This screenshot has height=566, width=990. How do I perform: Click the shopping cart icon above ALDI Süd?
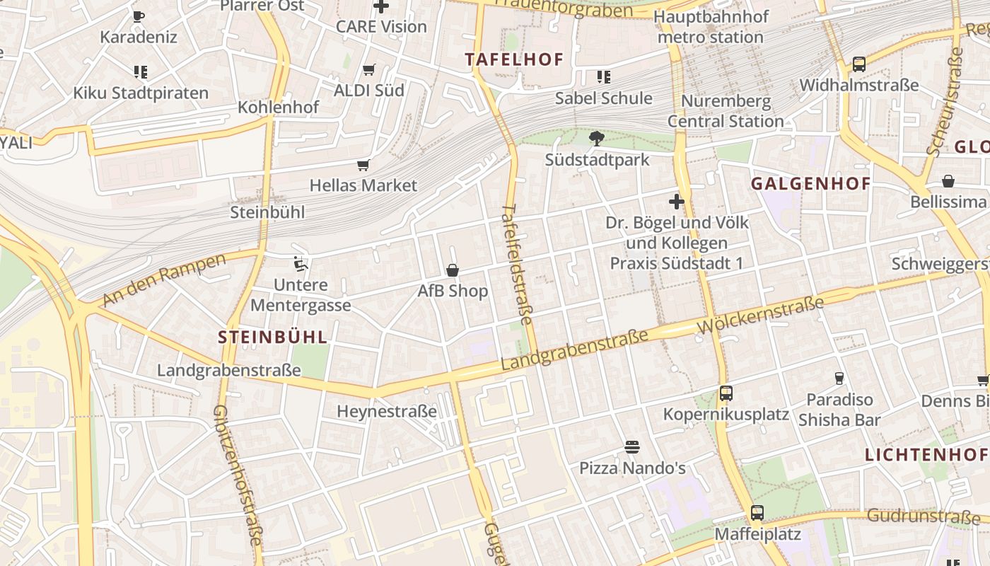pos(368,69)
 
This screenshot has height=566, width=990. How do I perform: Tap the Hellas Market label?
pos(363,185)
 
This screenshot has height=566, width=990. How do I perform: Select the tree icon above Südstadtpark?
pos(596,138)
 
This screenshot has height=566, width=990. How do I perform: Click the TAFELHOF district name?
pos(514,59)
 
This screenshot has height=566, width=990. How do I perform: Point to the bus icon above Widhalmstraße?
pos(858,64)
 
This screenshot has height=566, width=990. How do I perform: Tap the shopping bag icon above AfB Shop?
pos(453,270)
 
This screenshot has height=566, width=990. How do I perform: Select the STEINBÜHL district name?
pos(273,337)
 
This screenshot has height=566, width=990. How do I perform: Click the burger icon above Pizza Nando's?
pos(632,447)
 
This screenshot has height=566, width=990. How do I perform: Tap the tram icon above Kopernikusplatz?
pos(726,393)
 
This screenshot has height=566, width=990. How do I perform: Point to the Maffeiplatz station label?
pos(757,533)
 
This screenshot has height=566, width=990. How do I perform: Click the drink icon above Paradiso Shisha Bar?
pos(839,379)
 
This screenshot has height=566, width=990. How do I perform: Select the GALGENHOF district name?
pos(810,184)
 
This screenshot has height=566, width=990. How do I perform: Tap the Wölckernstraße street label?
pos(760,316)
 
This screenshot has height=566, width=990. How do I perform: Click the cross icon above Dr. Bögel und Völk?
pos(677,202)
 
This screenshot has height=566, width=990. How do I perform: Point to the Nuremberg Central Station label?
pos(726,111)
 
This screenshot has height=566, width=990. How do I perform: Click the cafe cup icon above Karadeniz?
pos(139,16)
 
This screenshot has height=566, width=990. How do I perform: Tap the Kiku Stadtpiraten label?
pos(141,93)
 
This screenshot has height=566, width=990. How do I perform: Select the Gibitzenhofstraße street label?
pos(238,474)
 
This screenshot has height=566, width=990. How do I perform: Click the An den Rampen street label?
pos(164,279)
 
